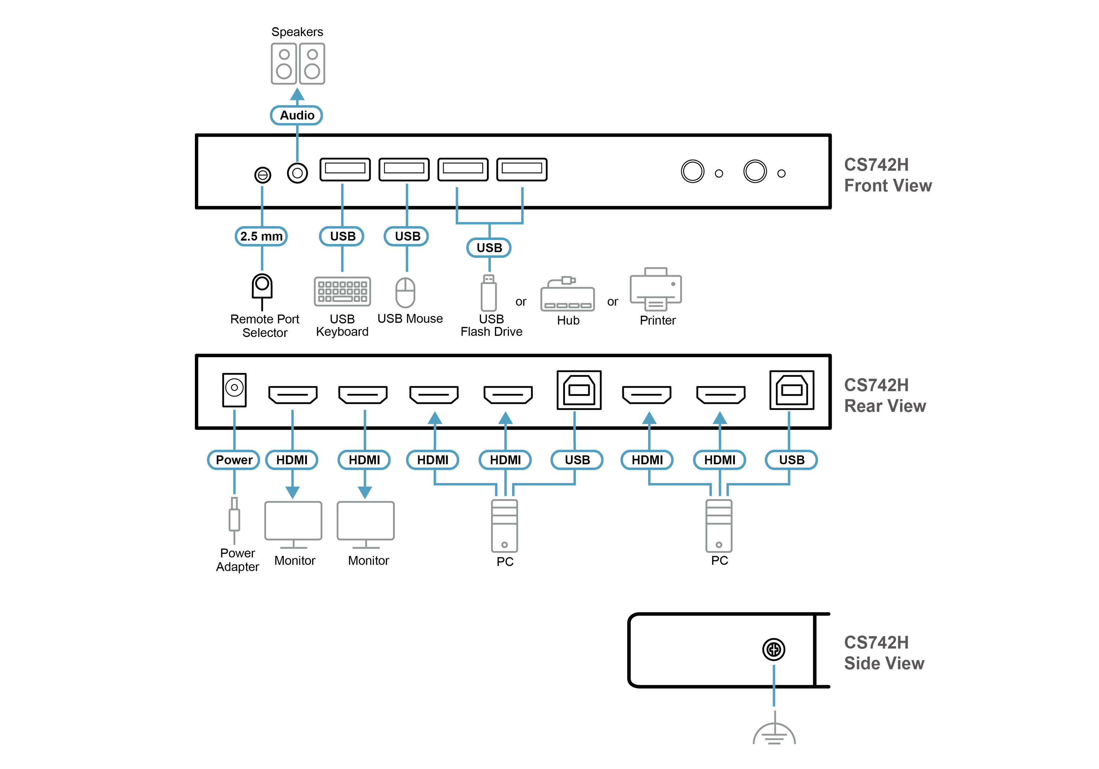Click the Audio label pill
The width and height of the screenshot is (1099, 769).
(297, 115)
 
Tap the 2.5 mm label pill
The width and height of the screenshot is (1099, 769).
(261, 237)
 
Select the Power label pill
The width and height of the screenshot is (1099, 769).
(234, 460)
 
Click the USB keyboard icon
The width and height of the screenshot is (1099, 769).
(342, 291)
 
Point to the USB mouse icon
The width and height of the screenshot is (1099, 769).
(406, 292)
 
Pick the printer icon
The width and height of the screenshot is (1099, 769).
(656, 289)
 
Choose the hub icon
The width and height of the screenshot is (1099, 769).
(568, 295)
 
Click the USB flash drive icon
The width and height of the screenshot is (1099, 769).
(489, 293)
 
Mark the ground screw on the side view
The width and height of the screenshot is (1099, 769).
(773, 649)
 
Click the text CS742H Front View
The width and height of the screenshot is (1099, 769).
(887, 175)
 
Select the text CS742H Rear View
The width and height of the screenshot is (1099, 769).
(885, 395)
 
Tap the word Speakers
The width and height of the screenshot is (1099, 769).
(297, 32)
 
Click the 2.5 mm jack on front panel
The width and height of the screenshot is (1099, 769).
(262, 175)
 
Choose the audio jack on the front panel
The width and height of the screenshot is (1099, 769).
(297, 173)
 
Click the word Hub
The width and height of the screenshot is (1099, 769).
(568, 321)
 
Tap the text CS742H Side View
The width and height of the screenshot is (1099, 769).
(884, 653)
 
